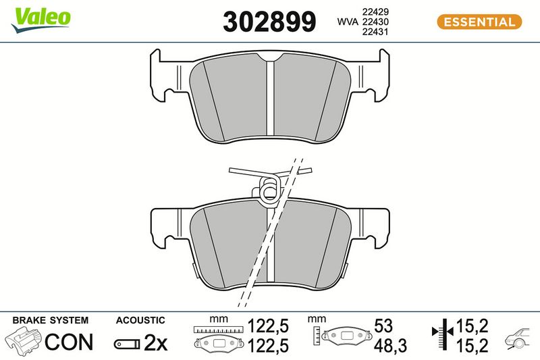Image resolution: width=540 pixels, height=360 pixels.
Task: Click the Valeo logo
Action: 40,20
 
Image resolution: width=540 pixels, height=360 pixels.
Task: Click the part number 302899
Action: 269,22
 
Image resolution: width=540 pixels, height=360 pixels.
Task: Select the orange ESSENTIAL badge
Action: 479,22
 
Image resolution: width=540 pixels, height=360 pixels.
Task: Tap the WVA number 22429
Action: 375,11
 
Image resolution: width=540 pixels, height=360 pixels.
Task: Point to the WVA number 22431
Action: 375,32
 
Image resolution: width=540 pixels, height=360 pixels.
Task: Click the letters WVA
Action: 348,22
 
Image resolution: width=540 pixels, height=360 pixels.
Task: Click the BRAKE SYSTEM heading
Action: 51,320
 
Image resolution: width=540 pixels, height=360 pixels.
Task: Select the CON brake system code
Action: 69,342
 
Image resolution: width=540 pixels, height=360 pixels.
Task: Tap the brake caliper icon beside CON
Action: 24,341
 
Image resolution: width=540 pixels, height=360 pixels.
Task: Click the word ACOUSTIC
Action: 140,320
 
